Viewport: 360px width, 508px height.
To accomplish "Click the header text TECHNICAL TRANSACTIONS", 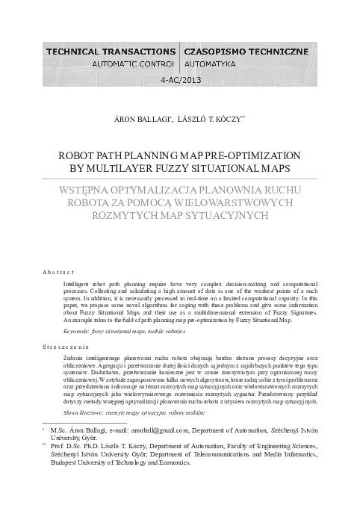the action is click(x=111, y=51).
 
